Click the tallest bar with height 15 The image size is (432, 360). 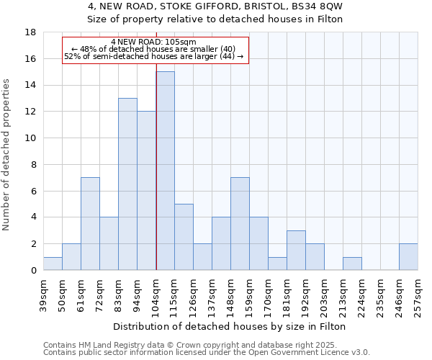point(165,171)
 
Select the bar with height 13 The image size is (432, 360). point(127,184)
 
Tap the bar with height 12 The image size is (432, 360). point(146,191)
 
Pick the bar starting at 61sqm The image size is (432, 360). point(90,223)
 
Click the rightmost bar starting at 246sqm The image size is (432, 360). point(408,257)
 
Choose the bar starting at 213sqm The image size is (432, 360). point(352,264)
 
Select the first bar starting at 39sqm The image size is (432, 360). point(53,264)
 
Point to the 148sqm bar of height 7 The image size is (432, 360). point(240,223)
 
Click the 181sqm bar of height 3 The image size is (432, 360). point(296,250)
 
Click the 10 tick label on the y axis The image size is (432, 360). point(31,138)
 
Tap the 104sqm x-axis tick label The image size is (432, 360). point(156,294)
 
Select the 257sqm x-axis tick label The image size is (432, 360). point(418,294)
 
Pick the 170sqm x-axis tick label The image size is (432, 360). point(268,294)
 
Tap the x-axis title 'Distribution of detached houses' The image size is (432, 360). point(230,326)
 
